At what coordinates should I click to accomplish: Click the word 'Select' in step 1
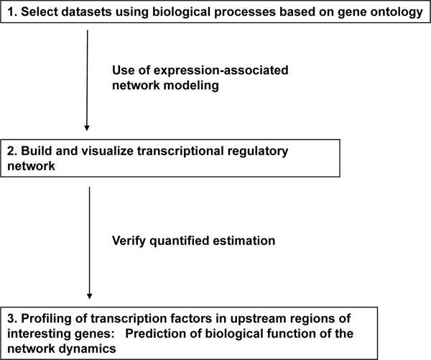pos(39,11)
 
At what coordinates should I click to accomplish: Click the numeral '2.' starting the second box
pos(12,151)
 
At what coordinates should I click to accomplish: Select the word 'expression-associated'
pos(221,70)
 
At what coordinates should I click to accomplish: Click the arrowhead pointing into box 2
pos(87,128)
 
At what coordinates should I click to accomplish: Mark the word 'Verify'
pos(129,241)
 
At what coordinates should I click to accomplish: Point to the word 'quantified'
pos(179,241)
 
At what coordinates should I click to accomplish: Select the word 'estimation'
pos(244,241)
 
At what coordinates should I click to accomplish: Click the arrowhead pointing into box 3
pos(89,296)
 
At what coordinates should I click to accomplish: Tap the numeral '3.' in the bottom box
pos(12,318)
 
